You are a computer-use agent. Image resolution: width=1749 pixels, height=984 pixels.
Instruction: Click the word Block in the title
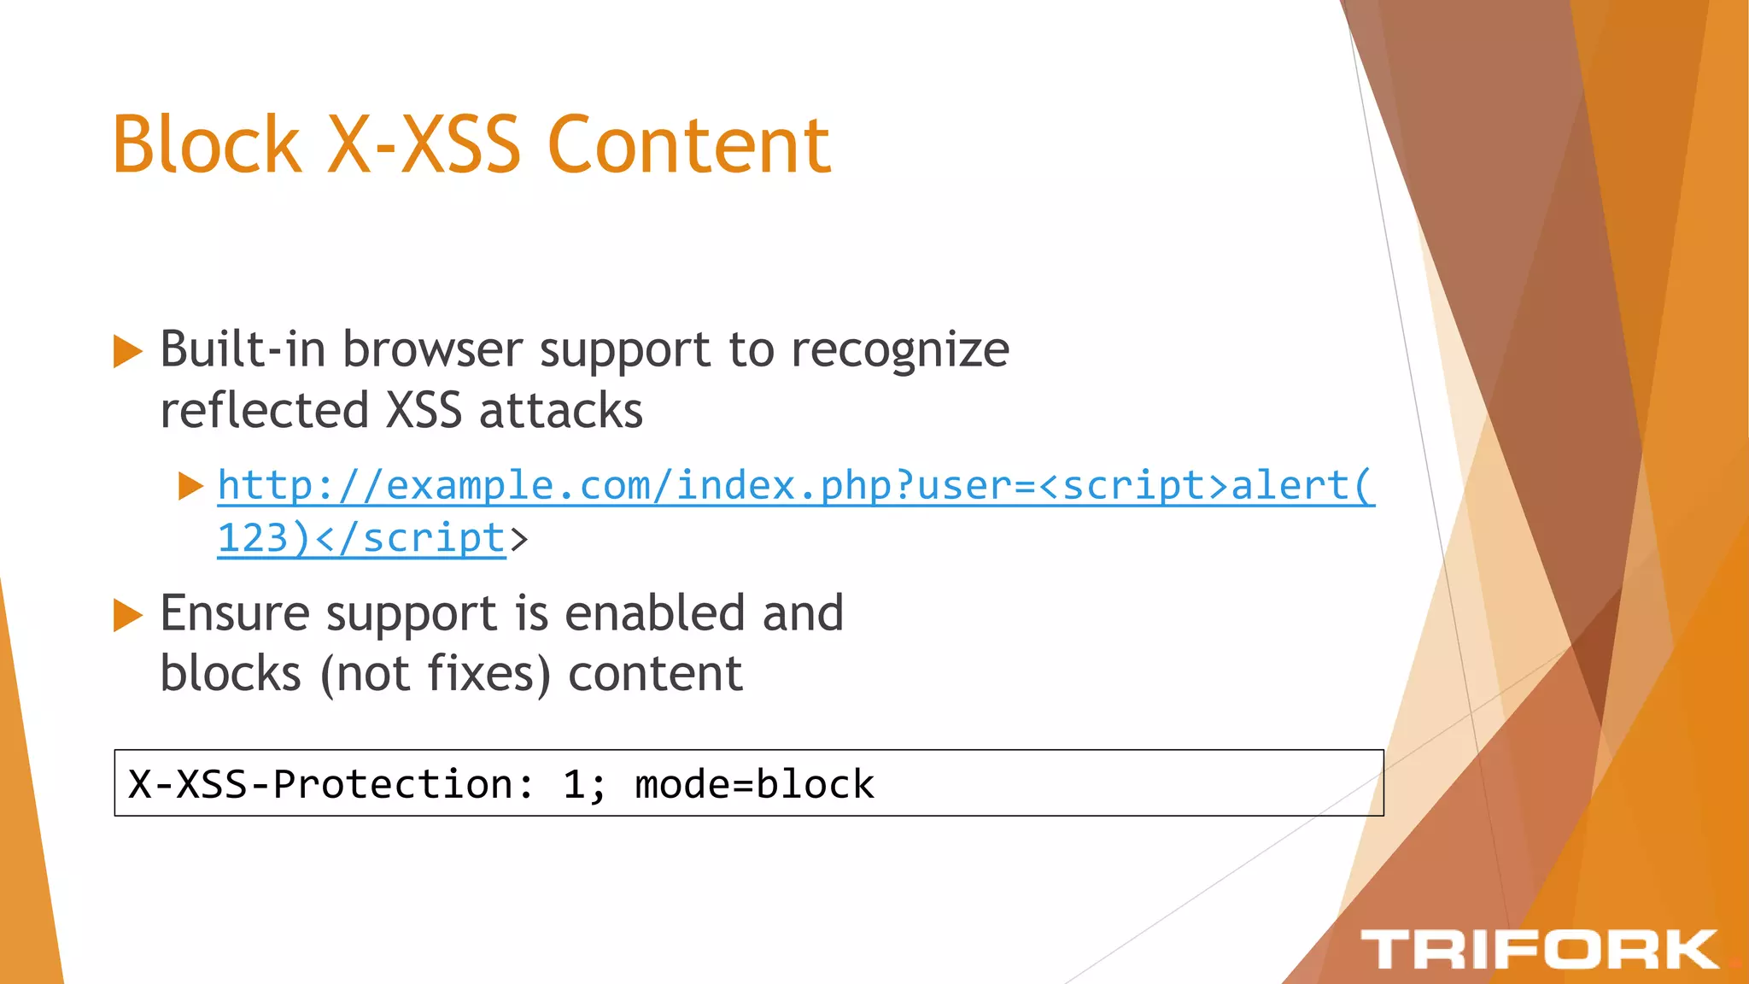(206, 144)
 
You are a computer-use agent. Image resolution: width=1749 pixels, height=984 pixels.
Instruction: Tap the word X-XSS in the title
(424, 144)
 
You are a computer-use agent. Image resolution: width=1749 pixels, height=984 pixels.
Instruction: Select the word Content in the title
(688, 144)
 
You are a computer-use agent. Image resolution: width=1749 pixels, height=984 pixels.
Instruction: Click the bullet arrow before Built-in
(127, 351)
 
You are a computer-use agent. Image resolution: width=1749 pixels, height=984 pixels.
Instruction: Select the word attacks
(560, 410)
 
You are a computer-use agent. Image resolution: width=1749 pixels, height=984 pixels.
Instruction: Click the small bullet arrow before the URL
(190, 486)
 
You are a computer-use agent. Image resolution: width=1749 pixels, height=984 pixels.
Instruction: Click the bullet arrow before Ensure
(127, 615)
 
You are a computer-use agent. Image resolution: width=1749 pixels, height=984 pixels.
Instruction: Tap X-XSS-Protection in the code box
(321, 784)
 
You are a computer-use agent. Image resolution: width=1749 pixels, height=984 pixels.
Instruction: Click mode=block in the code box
(754, 784)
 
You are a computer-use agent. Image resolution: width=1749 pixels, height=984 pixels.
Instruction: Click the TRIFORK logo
(1539, 950)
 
